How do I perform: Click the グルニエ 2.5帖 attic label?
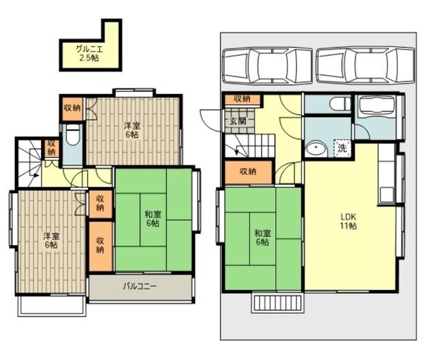click(89, 54)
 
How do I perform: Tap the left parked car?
click(267, 65)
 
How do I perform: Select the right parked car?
click(365, 65)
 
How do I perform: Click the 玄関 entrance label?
click(238, 121)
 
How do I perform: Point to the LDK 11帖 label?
click(348, 221)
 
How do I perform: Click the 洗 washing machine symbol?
click(343, 148)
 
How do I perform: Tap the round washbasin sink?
click(316, 150)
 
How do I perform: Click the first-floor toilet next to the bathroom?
click(341, 104)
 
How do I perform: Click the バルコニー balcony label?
click(140, 286)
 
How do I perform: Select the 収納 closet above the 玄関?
click(243, 99)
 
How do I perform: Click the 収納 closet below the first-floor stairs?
click(248, 172)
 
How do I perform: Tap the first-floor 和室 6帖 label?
click(262, 238)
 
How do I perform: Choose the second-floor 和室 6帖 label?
click(153, 218)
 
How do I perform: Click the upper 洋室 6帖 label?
click(132, 130)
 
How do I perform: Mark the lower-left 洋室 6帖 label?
click(52, 240)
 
